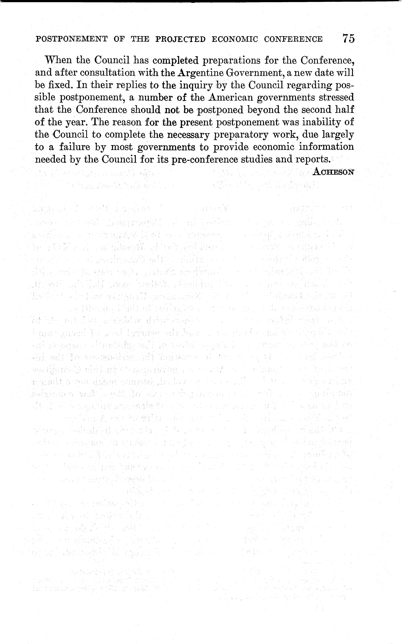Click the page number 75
pyautogui.click(x=348, y=39)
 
